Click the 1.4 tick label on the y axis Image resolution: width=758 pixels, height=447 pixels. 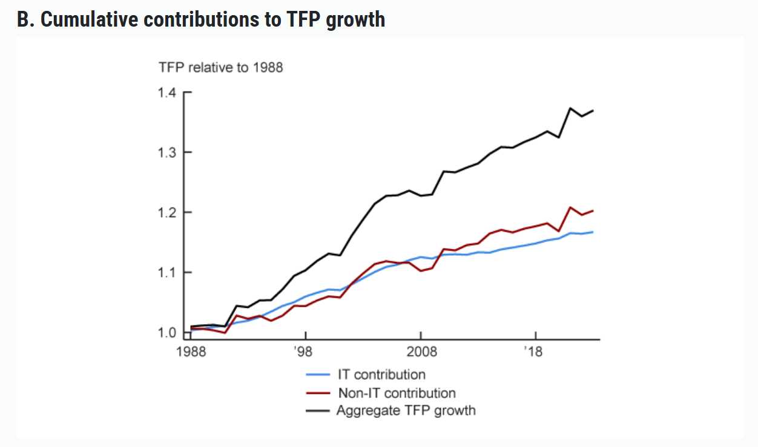(x=167, y=93)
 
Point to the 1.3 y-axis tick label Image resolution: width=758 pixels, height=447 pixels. (x=167, y=152)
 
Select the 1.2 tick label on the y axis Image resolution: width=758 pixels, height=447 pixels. (x=167, y=212)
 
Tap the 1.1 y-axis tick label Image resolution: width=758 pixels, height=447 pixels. (x=167, y=272)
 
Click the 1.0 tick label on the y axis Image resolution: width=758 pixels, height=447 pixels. (x=167, y=332)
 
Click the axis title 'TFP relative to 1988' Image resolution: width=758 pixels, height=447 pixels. (x=220, y=67)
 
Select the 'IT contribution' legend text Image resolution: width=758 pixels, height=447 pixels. (x=381, y=374)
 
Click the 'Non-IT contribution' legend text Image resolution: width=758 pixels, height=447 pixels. (x=397, y=393)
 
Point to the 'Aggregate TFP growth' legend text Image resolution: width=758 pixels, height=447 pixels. (x=406, y=411)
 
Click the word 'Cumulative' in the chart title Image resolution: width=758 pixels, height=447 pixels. (x=91, y=19)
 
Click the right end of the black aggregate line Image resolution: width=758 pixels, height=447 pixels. (x=593, y=111)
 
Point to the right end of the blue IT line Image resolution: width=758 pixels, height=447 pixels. (x=593, y=232)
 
